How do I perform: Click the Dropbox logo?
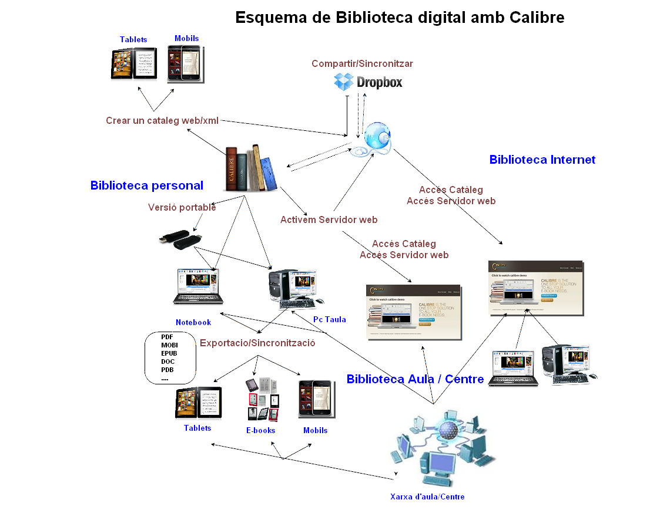(x=368, y=82)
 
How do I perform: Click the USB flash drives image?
(x=181, y=240)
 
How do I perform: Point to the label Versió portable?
(x=182, y=208)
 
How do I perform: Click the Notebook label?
(x=193, y=322)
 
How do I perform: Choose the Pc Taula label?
(x=329, y=320)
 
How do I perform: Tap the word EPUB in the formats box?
(x=169, y=354)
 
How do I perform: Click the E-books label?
(x=260, y=431)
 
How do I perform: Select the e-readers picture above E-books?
(x=262, y=399)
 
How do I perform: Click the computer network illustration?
(x=443, y=449)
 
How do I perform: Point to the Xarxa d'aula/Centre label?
(x=427, y=497)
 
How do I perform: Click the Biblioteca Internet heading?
(x=542, y=160)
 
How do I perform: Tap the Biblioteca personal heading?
(x=147, y=185)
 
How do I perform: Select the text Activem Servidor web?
(x=329, y=220)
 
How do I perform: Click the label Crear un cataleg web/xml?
(x=162, y=121)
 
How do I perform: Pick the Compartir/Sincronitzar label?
(x=362, y=63)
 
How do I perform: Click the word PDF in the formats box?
(x=167, y=337)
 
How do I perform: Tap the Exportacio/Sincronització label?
(x=257, y=343)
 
